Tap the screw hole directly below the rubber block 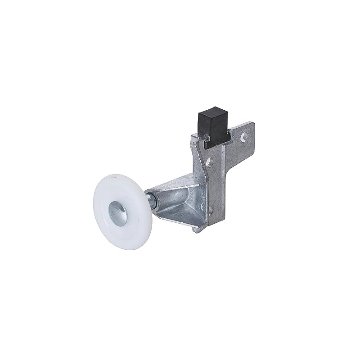click(209, 162)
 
